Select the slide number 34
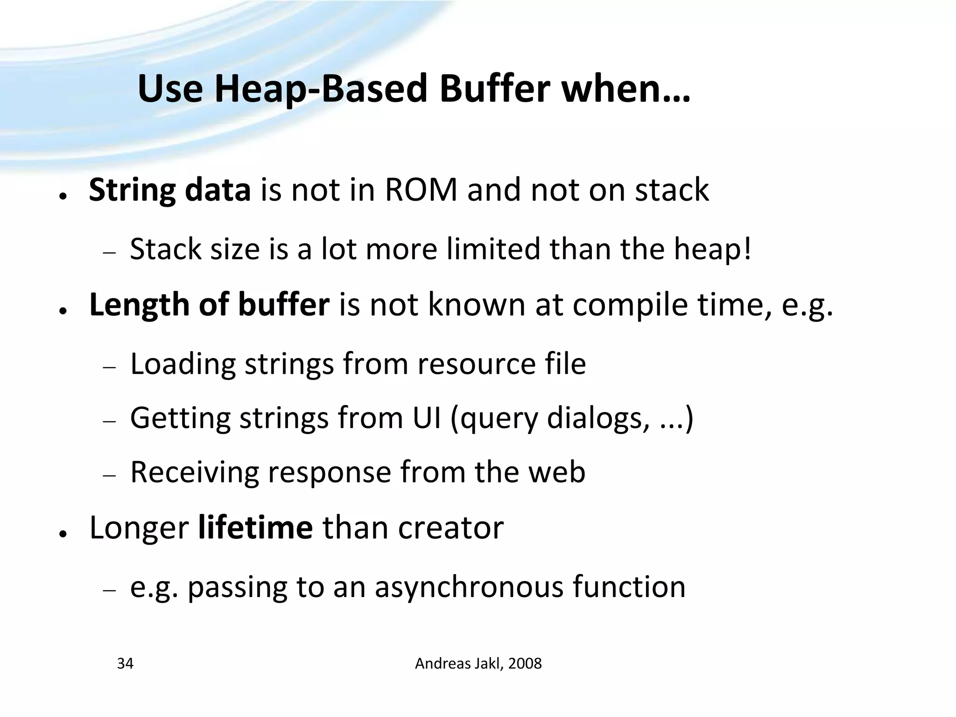(x=125, y=663)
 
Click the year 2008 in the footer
(x=525, y=663)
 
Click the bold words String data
(x=170, y=190)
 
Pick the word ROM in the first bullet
(x=421, y=190)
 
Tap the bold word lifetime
(x=255, y=527)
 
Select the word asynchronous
(x=469, y=587)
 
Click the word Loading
(x=183, y=365)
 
